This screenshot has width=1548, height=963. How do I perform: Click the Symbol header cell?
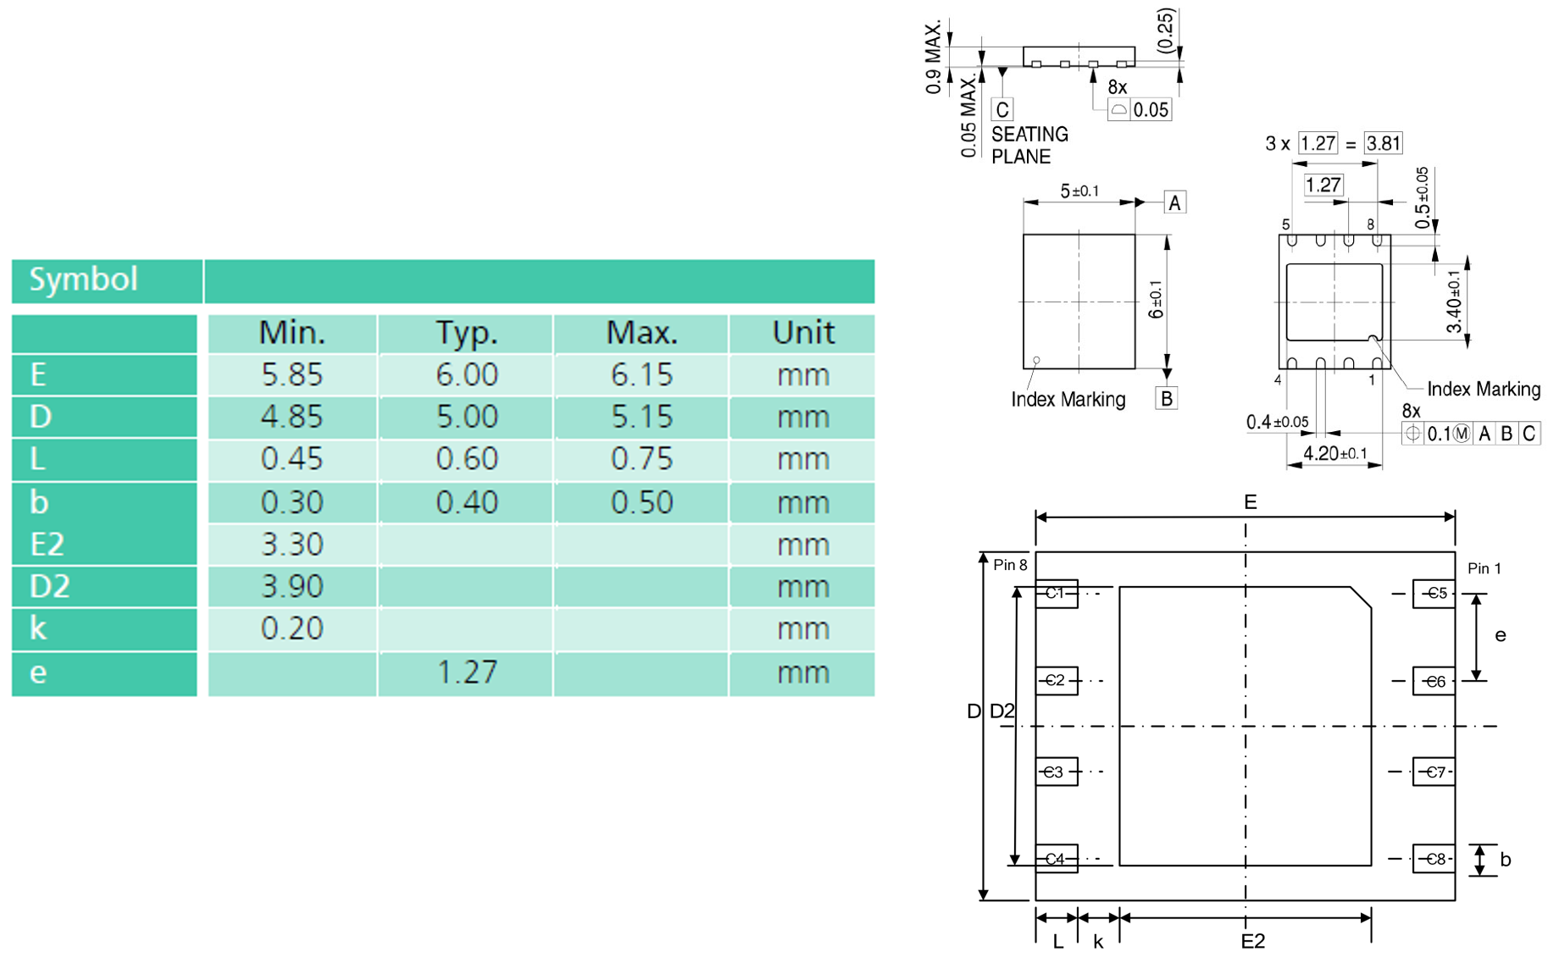pos(107,280)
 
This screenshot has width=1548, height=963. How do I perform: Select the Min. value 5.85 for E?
pos(292,374)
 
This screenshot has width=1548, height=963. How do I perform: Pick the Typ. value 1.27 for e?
pos(467,672)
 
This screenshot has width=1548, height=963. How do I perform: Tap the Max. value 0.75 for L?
pos(641,459)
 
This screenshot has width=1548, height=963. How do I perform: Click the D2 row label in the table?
pos(49,586)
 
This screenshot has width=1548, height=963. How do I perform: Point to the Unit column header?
pos(802,333)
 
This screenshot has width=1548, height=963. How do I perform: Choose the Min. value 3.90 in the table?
pos(292,586)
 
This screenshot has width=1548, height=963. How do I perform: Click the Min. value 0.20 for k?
pos(292,628)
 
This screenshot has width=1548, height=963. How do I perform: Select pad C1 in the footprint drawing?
pos(1057,594)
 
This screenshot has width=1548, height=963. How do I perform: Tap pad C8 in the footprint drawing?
pos(1434,859)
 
